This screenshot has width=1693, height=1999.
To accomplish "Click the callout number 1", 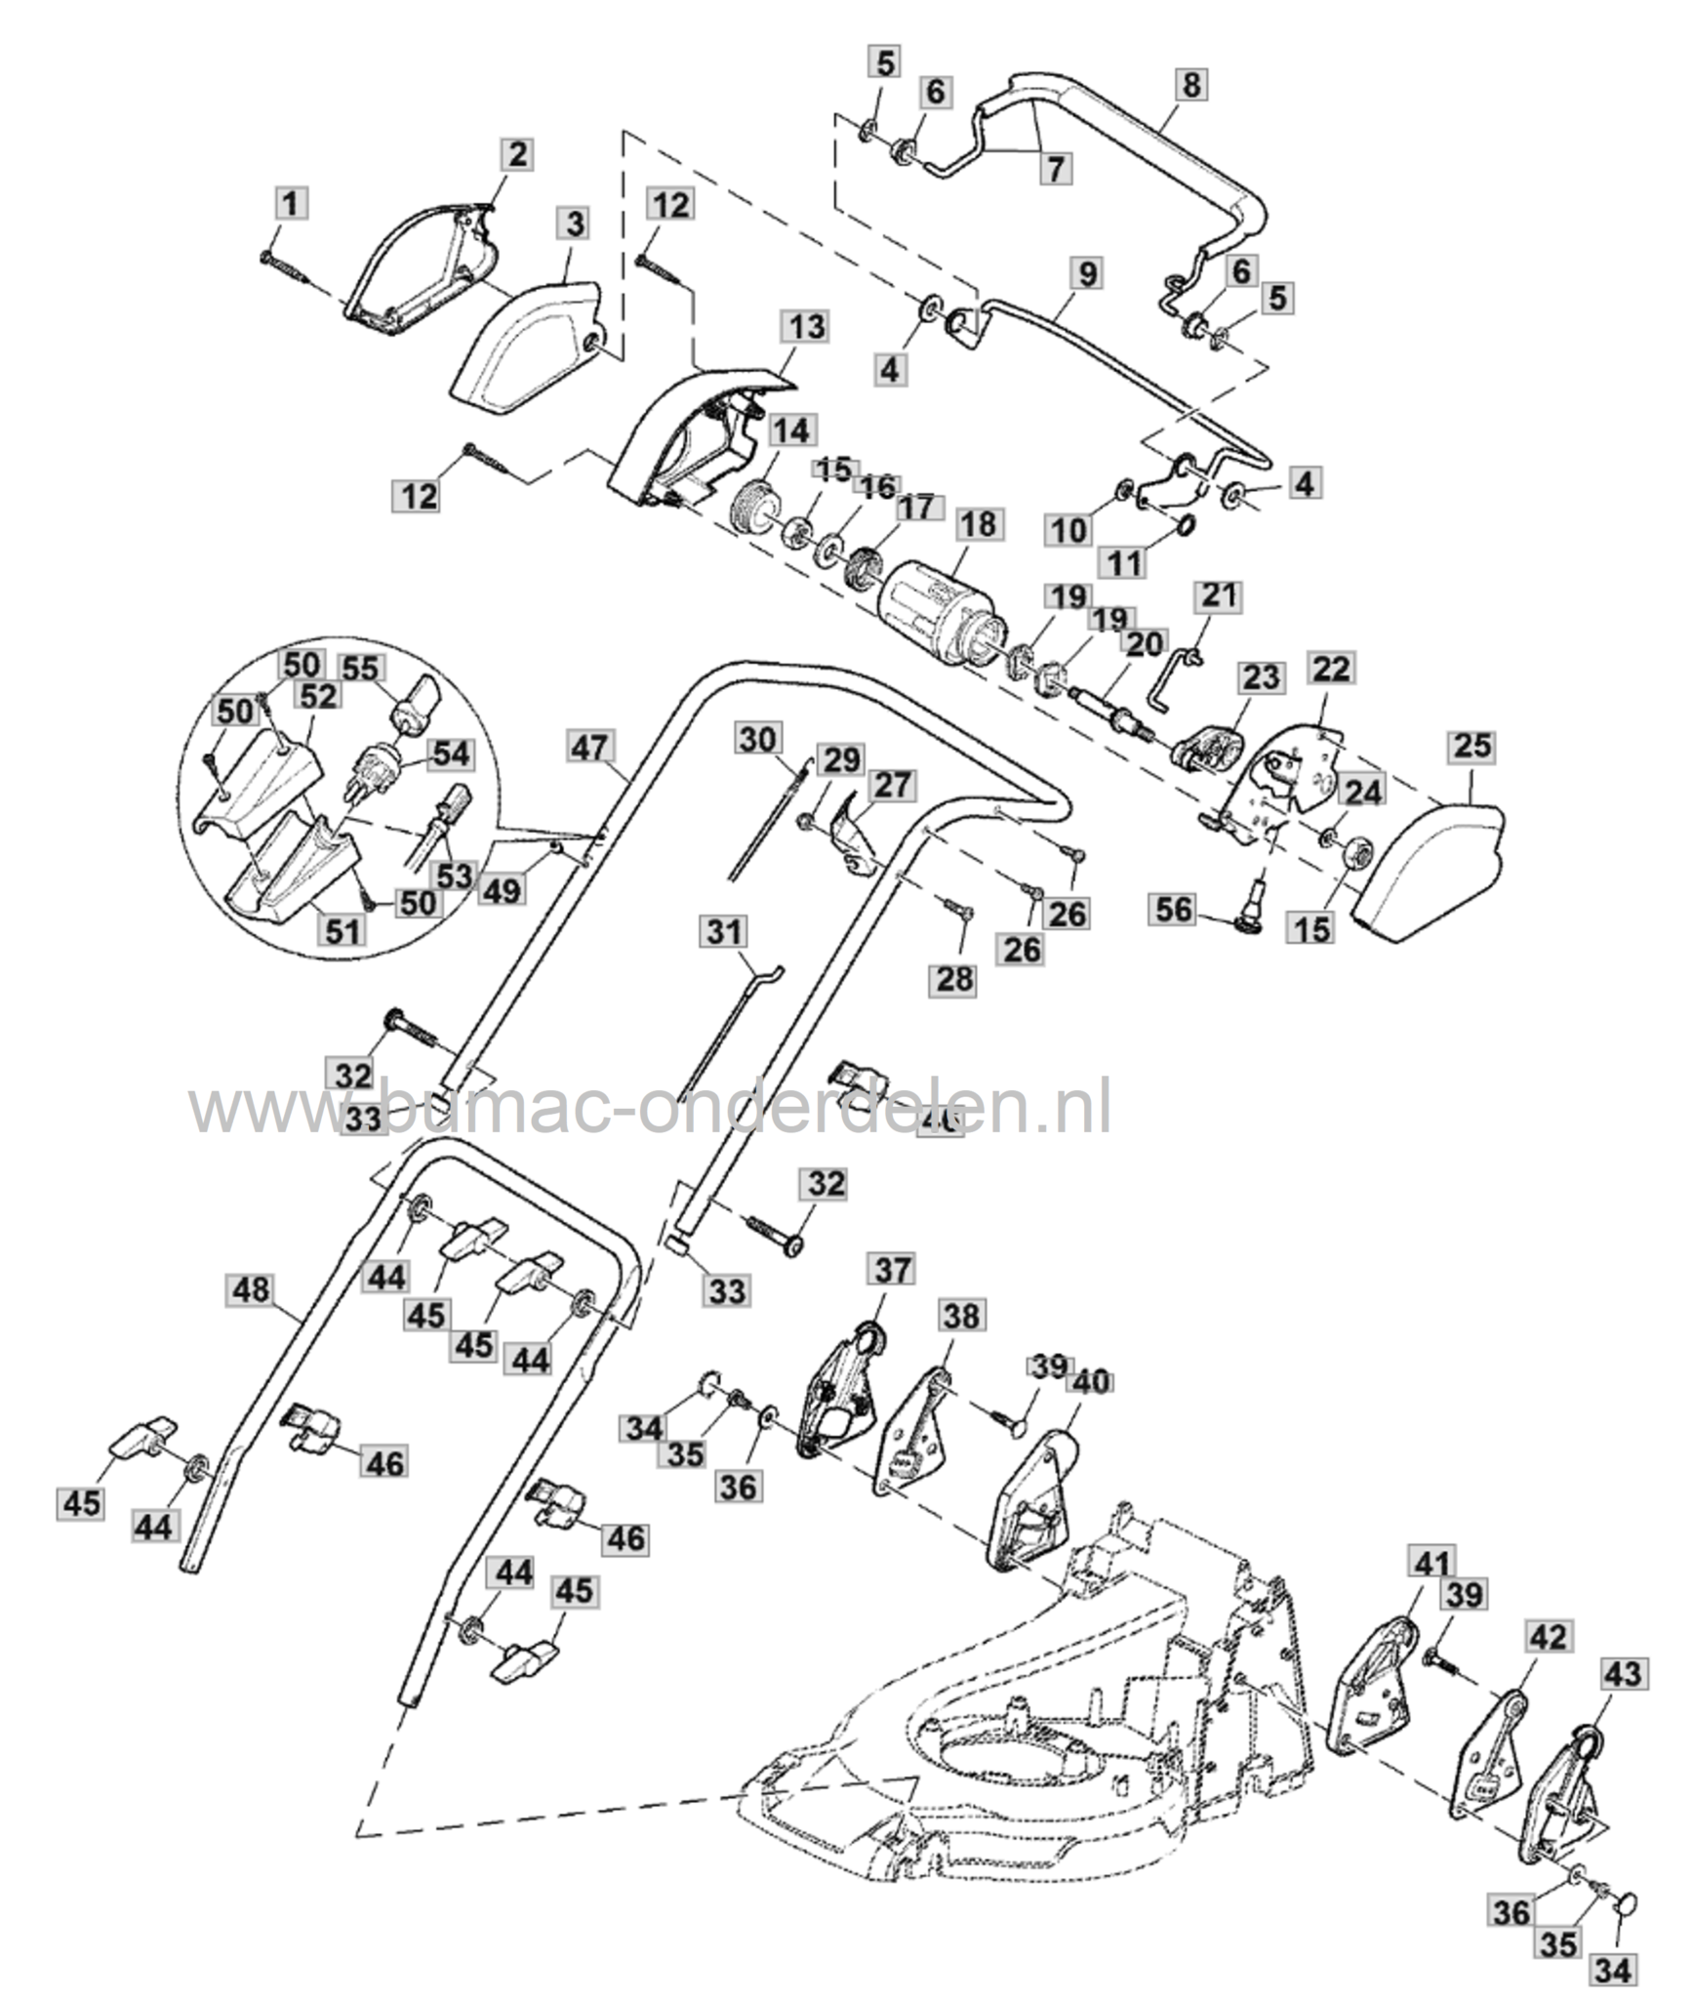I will click(290, 204).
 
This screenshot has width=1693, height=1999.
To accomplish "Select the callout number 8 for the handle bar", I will click(1190, 85).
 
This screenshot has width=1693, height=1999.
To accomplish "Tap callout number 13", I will click(806, 327).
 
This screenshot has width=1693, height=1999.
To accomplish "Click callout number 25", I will click(1471, 747).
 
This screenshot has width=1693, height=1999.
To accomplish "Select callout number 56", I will click(1173, 911).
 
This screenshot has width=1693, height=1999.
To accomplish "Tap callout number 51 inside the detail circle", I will click(342, 931).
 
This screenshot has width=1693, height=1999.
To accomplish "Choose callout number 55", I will click(360, 668).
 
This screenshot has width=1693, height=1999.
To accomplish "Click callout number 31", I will click(724, 932).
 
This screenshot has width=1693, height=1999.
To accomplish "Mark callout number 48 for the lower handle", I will click(251, 1290).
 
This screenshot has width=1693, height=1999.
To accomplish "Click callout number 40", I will click(1091, 1382).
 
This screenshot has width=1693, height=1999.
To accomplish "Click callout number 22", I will click(1331, 669).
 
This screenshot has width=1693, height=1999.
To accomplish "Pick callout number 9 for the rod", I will click(1088, 273).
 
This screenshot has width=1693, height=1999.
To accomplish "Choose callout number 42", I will click(1548, 1637).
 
